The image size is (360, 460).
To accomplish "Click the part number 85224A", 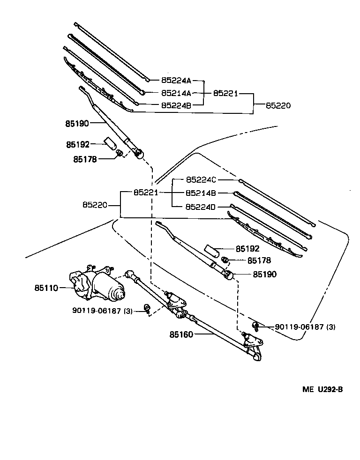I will pyautogui.click(x=176, y=80).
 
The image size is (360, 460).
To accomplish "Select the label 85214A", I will pyautogui.click(x=176, y=93).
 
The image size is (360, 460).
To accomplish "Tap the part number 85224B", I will pyautogui.click(x=176, y=105).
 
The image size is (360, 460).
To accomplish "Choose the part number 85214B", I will pyautogui.click(x=201, y=193).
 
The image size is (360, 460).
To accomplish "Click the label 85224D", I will pyautogui.click(x=201, y=206).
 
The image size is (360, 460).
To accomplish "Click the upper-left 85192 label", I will pyautogui.click(x=77, y=145).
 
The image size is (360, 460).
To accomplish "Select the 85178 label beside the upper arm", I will pyautogui.click(x=85, y=159).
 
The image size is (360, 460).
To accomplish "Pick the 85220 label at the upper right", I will pyautogui.click(x=278, y=106).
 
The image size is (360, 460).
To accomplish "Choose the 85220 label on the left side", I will pyautogui.click(x=95, y=205).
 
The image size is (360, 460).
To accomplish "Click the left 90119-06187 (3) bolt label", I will pyautogui.click(x=103, y=310).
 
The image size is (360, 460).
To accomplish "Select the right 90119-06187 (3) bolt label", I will pyautogui.click(x=305, y=326).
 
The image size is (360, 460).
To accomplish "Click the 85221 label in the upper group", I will pyautogui.click(x=226, y=93).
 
